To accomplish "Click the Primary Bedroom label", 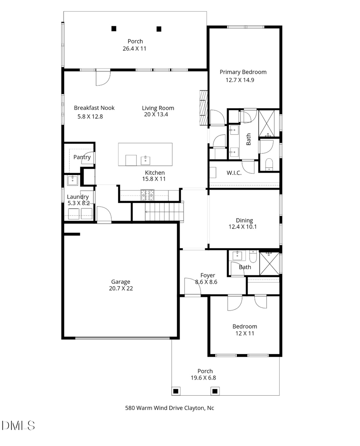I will pyautogui.click(x=243, y=72).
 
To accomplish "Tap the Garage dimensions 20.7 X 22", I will pyautogui.click(x=120, y=288).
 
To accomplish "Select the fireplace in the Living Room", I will pyautogui.click(x=204, y=107).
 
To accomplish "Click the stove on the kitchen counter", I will pyautogui.click(x=147, y=195).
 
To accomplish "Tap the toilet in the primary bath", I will pyautogui.click(x=269, y=163).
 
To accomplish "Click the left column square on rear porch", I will pyautogui.click(x=114, y=28).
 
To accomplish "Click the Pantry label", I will pyautogui.click(x=82, y=157).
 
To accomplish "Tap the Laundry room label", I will pyautogui.click(x=78, y=197).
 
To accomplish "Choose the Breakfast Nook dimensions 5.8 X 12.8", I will pyautogui.click(x=90, y=117).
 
